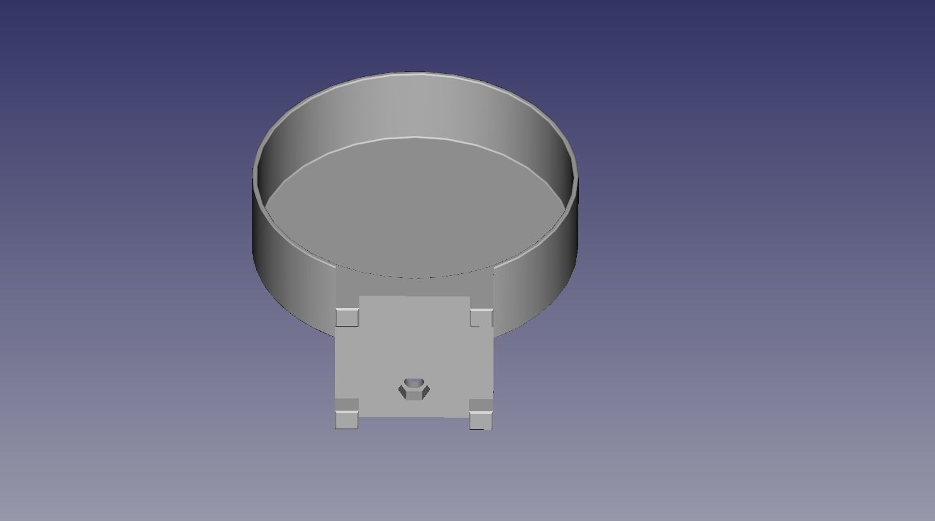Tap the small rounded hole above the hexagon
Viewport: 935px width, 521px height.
pyautogui.click(x=415, y=382)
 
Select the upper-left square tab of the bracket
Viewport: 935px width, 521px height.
pyautogui.click(x=347, y=317)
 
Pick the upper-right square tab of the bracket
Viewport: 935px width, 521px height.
pyautogui.click(x=481, y=318)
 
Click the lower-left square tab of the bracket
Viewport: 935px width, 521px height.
pyautogui.click(x=347, y=420)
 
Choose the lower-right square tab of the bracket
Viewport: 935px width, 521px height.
pyautogui.click(x=481, y=420)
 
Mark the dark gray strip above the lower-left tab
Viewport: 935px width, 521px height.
pyautogui.click(x=347, y=404)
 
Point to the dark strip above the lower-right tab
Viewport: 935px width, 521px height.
pyautogui.click(x=481, y=406)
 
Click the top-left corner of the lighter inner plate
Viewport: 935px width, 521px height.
pyautogui.click(x=360, y=297)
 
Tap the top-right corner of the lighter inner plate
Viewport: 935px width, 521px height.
pyautogui.click(x=469, y=297)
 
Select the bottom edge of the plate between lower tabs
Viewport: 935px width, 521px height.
pyautogui.click(x=414, y=416)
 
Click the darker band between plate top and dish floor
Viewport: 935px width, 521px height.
pyautogui.click(x=415, y=286)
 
